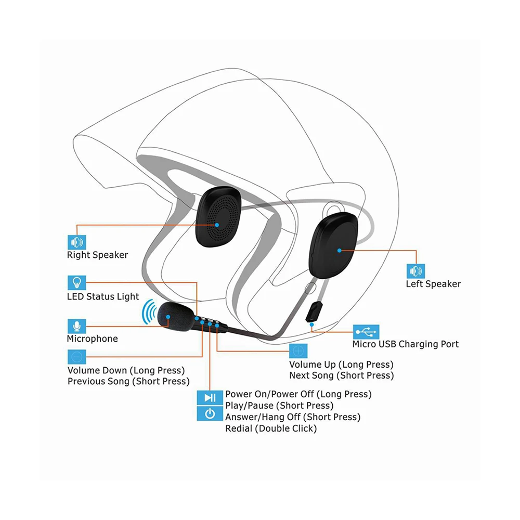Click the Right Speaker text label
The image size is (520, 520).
click(97, 255)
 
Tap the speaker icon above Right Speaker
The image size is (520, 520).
click(77, 242)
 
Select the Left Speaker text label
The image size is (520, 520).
click(433, 284)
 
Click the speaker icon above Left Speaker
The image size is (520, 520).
click(415, 271)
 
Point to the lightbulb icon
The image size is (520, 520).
click(77, 283)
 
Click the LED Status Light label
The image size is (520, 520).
click(103, 296)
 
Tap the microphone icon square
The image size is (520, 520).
click(77, 326)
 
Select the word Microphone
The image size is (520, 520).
click(92, 339)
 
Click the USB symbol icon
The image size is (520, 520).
click(366, 331)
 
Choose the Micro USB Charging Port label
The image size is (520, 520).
click(406, 344)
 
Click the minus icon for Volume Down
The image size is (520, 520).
click(77, 357)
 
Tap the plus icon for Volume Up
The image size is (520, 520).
click(298, 351)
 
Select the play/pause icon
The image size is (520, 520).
click(210, 398)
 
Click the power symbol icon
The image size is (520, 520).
click(210, 414)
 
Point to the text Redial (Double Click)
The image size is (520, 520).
click(270, 428)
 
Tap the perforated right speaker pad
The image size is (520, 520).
click(217, 218)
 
